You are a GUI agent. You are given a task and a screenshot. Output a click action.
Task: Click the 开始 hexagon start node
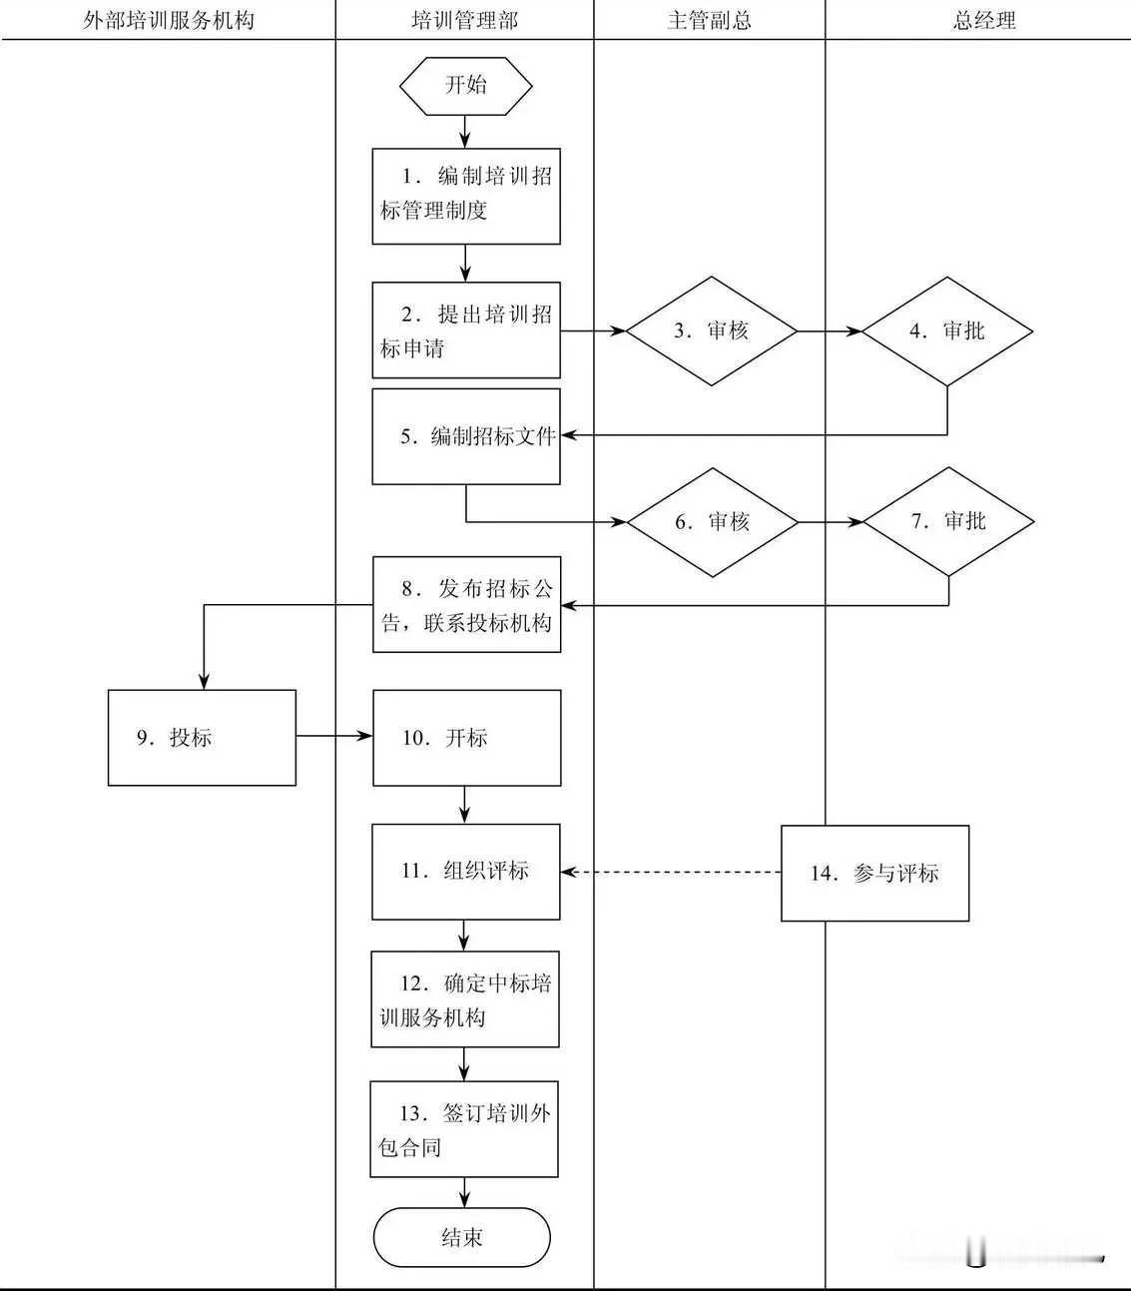pos(465,85)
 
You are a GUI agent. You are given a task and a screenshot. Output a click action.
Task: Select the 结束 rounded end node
pos(462,1238)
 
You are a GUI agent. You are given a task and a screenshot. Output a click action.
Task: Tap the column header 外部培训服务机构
pos(168,20)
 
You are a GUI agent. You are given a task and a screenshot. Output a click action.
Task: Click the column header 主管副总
pos(709,20)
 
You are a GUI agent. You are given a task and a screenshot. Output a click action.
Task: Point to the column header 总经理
pos(983,20)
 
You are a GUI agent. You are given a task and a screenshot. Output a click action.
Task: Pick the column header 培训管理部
pos(464,20)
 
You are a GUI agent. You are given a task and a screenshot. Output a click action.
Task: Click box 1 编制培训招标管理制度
pos(466,196)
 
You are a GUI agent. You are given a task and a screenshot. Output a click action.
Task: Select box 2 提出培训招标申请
pos(466,330)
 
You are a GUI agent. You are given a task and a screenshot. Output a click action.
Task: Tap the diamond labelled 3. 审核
pos(711,331)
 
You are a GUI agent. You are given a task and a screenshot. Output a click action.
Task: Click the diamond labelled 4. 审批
pos(946,331)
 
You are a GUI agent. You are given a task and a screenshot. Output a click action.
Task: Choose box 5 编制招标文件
pos(466,437)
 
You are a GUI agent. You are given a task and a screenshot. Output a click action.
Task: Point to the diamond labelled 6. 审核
pos(712,522)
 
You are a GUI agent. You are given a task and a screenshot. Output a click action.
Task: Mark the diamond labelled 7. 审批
pos(948,522)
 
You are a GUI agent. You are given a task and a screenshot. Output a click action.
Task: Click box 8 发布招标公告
pos(466,605)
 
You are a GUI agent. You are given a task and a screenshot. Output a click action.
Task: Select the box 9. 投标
pos(202,738)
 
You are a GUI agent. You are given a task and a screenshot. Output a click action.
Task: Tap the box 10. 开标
pos(466,738)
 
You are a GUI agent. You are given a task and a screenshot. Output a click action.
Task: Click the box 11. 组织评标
pos(465,872)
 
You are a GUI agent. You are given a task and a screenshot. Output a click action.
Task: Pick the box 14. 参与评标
pos(874,873)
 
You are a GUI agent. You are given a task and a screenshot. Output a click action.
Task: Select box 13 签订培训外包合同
pos(464,1129)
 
